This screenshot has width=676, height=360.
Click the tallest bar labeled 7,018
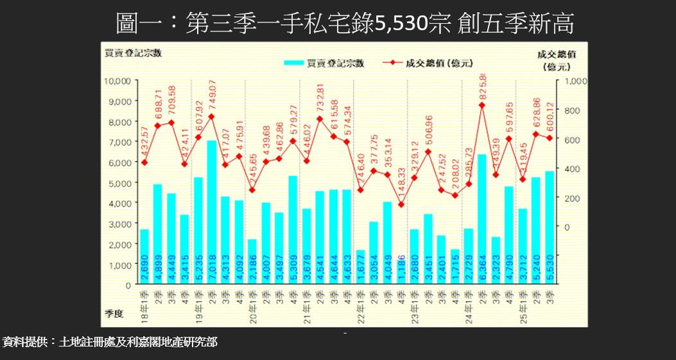point(211,212)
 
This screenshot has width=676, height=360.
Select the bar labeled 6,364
point(482,219)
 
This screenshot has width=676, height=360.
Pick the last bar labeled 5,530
point(550,227)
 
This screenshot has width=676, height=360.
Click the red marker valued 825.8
point(482,105)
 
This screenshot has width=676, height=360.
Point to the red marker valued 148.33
point(401,205)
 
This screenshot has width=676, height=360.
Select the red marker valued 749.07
point(211,117)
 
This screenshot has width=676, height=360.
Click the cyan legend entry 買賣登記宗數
point(325,63)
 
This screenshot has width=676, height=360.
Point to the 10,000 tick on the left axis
point(117,81)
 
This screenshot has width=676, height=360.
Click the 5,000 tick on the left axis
point(119,182)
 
